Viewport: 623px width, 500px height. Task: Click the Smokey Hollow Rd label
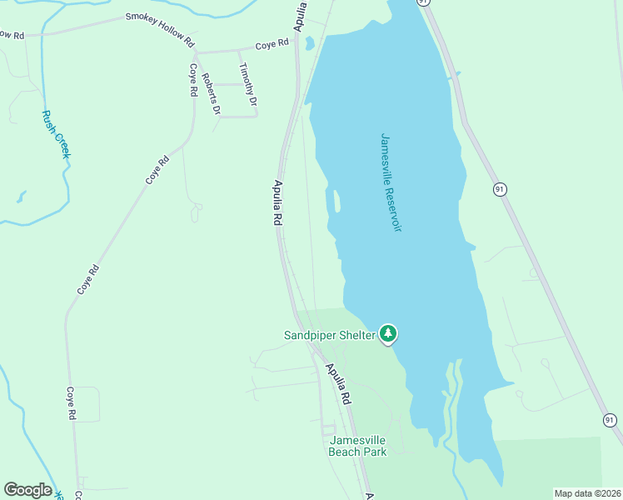pyautogui.click(x=160, y=28)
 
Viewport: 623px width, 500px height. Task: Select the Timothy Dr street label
pyautogui.click(x=247, y=84)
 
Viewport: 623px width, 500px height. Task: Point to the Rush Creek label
pyautogui.click(x=57, y=134)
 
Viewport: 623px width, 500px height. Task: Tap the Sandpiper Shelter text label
pyautogui.click(x=329, y=336)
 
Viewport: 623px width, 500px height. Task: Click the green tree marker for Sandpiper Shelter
pyautogui.click(x=387, y=334)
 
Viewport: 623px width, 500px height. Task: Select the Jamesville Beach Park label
pyautogui.click(x=358, y=446)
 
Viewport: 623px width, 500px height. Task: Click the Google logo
pyautogui.click(x=27, y=490)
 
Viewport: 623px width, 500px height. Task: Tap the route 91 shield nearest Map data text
pyautogui.click(x=610, y=420)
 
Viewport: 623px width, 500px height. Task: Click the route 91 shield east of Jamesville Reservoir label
pyautogui.click(x=500, y=190)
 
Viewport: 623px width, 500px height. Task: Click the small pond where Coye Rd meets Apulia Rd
pyautogui.click(x=309, y=42)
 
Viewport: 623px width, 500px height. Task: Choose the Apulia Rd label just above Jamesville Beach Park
pyautogui.click(x=339, y=384)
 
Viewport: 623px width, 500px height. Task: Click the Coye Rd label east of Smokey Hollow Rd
pyautogui.click(x=272, y=43)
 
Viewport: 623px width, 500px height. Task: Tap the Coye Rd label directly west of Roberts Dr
pyautogui.click(x=192, y=80)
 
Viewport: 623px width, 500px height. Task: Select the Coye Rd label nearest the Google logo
pyautogui.click(x=72, y=402)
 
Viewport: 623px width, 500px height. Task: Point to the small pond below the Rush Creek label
pyautogui.click(x=21, y=197)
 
